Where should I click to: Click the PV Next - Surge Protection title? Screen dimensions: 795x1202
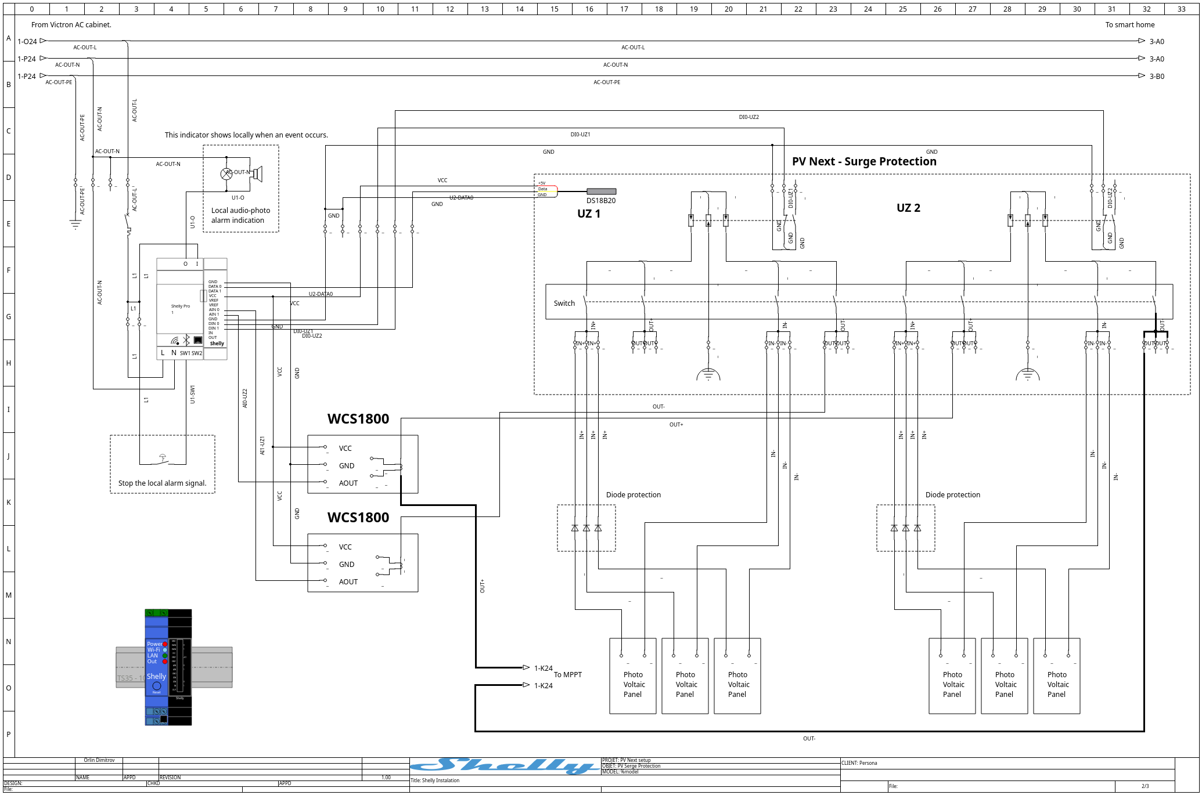pos(864,162)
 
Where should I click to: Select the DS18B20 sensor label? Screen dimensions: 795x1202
pos(601,201)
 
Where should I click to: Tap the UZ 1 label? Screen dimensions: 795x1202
pos(589,214)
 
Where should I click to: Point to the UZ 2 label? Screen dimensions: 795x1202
pos(908,208)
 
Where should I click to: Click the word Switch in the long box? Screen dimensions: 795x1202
pos(564,303)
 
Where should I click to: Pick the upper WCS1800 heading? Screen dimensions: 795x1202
pos(358,419)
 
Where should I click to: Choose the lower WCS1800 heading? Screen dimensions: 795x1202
pos(358,518)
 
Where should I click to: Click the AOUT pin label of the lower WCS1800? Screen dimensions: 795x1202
pos(348,582)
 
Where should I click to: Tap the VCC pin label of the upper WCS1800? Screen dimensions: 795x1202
pos(346,449)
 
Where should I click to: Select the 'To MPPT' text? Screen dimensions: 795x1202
pos(567,675)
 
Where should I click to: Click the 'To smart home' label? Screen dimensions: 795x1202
pos(1129,25)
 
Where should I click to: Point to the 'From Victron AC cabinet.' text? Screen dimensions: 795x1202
pos(71,25)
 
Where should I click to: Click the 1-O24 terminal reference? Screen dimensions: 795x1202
pos(27,42)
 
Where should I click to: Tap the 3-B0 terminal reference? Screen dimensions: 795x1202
pos(1157,77)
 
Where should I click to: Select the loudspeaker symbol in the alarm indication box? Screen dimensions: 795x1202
pos(257,174)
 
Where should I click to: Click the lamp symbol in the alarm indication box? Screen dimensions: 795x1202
pos(226,174)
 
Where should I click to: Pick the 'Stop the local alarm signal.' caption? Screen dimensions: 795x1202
pos(162,483)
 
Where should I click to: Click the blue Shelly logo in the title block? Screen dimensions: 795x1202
pos(505,766)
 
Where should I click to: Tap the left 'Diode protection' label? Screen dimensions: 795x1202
pos(633,495)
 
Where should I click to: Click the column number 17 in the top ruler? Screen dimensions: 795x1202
pos(624,9)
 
